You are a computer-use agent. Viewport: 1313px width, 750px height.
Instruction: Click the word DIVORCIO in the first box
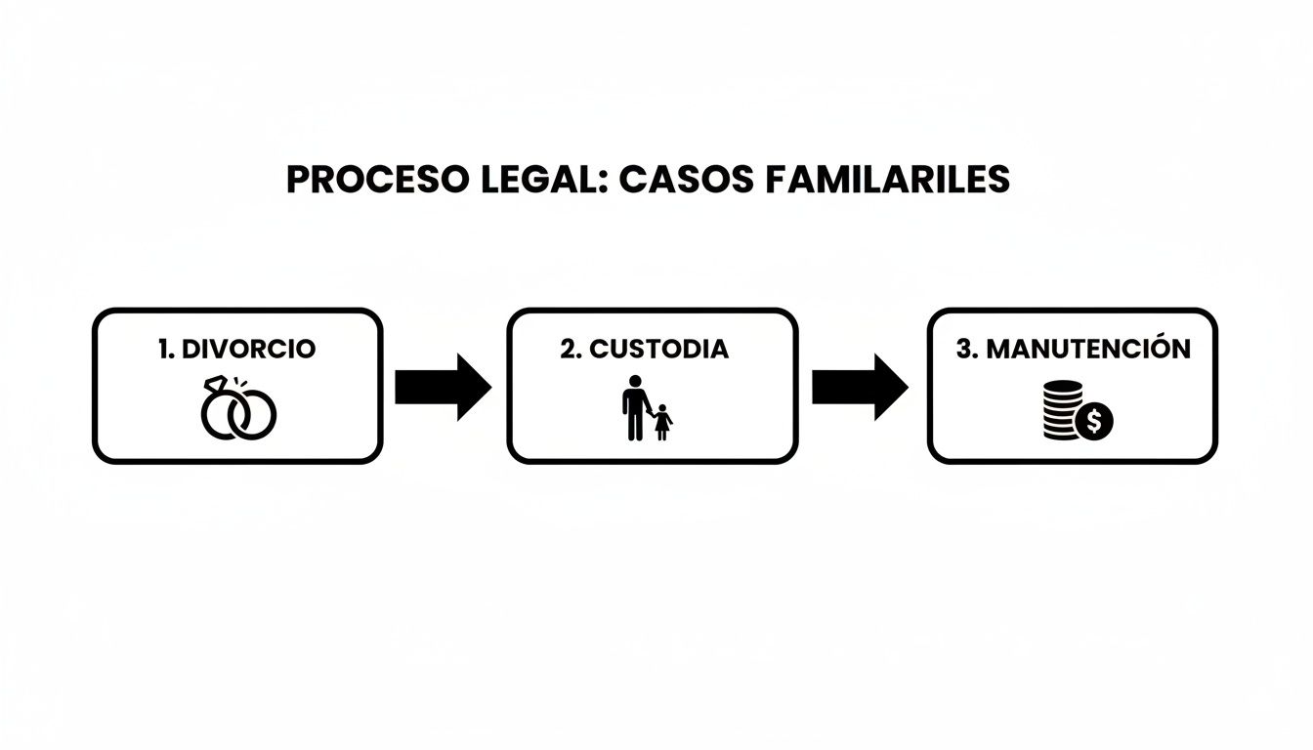pos(249,349)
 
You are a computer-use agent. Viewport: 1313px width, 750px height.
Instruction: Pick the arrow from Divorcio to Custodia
pos(443,388)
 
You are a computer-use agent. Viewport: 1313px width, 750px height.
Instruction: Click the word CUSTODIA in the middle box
pos(659,349)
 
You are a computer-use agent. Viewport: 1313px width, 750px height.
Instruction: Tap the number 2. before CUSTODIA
pos(571,349)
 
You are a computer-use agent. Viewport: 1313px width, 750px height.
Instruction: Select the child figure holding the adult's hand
pos(663,422)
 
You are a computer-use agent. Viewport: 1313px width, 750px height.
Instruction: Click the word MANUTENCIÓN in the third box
pos(1088,349)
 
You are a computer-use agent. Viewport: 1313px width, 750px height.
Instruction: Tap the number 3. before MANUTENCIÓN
pos(967,349)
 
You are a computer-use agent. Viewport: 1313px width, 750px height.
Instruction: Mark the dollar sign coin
pos(1095,422)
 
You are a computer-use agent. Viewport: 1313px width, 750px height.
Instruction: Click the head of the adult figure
pos(635,381)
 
